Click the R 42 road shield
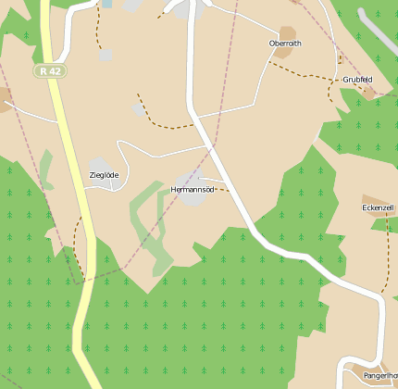(49, 70)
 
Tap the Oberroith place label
(284, 44)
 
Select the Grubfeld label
(357, 80)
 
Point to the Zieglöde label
(104, 175)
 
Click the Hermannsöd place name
(193, 190)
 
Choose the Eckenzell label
(379, 207)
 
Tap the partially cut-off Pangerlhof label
(379, 376)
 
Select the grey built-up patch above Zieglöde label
(100, 164)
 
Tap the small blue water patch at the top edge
(107, 4)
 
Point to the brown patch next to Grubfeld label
(368, 91)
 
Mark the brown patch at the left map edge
(5, 98)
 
